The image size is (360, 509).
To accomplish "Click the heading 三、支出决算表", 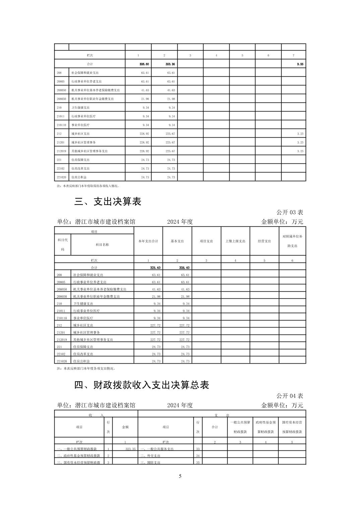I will [x=108, y=202].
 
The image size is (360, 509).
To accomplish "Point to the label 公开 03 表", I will [x=290, y=212].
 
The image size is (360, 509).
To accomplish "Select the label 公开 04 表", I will [x=290, y=396].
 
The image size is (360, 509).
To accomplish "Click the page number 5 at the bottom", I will [x=180, y=476].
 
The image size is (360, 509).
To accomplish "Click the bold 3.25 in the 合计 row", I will [x=300, y=64].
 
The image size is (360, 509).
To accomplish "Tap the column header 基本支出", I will [x=177, y=241].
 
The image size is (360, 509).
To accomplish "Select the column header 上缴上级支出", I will [x=235, y=241].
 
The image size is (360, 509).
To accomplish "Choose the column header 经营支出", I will [x=264, y=241].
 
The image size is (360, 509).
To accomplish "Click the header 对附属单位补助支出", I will [x=292, y=241].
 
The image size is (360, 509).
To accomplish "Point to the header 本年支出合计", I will [x=148, y=241].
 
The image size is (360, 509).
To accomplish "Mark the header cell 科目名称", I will [x=102, y=245].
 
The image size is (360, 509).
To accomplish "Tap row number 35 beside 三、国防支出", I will [x=198, y=463].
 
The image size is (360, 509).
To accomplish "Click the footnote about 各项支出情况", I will [x=86, y=368].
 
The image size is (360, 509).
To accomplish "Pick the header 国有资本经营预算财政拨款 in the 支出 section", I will [x=292, y=427].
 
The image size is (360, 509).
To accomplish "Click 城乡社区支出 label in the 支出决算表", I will [x=83, y=325].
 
